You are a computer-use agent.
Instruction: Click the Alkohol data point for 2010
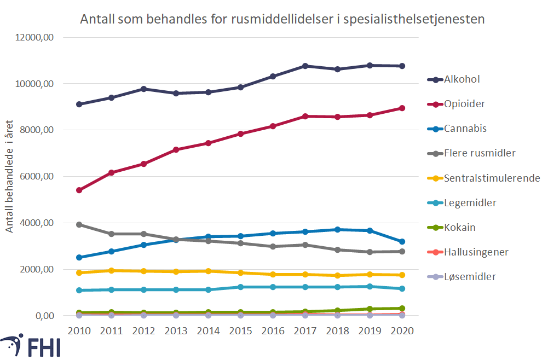[79, 104]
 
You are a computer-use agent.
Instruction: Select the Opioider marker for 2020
[402, 108]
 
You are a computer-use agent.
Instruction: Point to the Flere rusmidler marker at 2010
[79, 224]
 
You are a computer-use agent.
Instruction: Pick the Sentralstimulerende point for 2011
[112, 270]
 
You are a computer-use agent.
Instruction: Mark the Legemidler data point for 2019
[370, 286]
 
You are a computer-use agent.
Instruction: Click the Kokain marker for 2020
[402, 308]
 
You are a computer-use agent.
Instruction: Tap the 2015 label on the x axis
[241, 331]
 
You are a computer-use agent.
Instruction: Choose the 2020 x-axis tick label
[402, 331]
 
